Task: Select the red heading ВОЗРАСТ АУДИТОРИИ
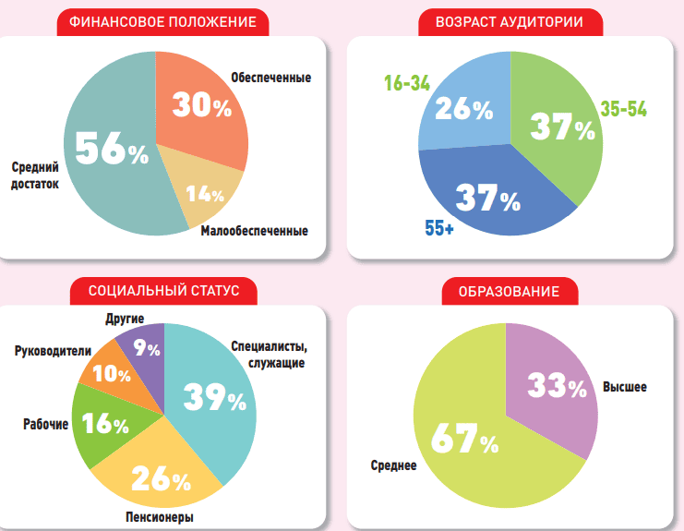510,22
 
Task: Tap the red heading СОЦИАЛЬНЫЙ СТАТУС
163,291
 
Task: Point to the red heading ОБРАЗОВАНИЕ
510,292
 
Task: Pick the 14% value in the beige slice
205,194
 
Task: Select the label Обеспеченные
270,77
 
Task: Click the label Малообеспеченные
254,231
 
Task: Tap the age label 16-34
407,83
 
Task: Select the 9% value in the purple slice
146,349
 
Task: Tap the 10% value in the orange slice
112,373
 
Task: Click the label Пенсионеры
160,517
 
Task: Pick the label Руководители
54,351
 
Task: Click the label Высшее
625,387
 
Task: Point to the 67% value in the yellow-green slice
463,440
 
